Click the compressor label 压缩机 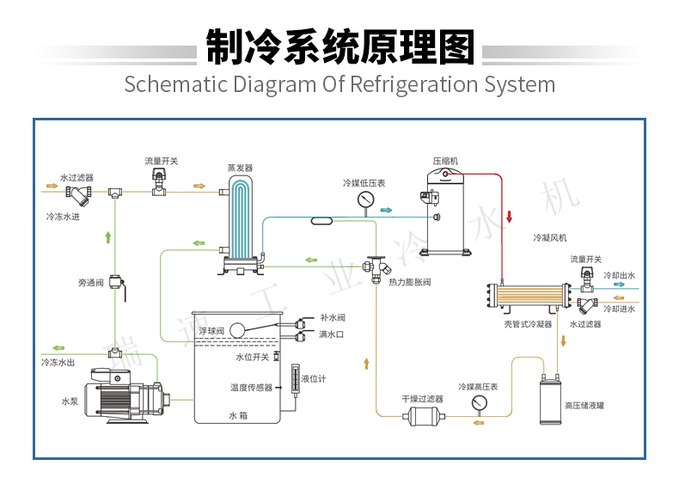[x=445, y=161]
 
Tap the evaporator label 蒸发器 [x=240, y=169]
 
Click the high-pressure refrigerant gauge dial [x=479, y=401]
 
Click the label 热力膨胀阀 [x=409, y=282]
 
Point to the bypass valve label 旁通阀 [x=91, y=282]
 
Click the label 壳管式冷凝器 [x=528, y=324]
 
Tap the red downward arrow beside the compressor [x=508, y=216]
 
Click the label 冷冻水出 [x=58, y=362]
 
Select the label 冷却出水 [x=619, y=276]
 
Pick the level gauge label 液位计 [x=314, y=378]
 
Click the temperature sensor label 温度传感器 [x=251, y=387]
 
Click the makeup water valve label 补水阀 [x=332, y=317]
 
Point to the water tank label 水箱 [x=238, y=415]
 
